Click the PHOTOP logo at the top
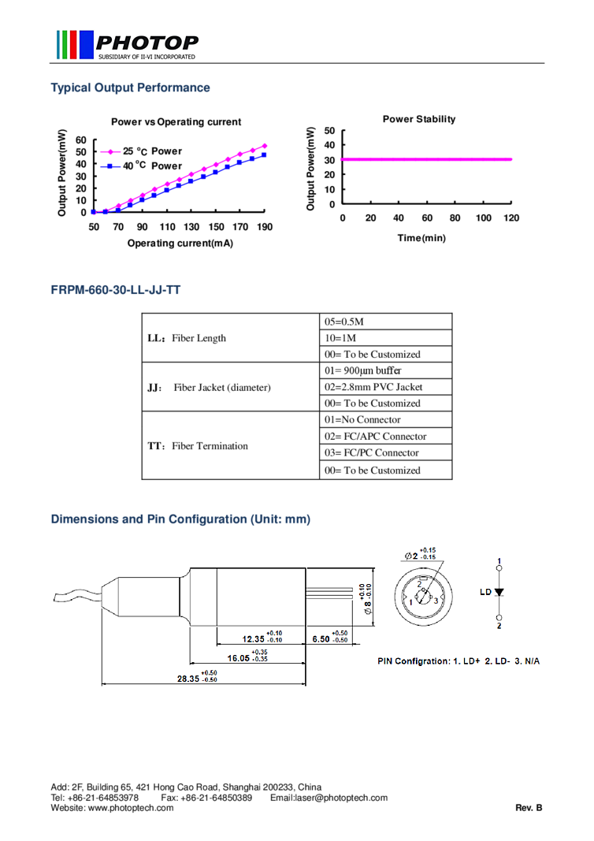tap(128, 44)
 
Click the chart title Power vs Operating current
tap(176, 121)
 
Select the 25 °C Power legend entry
tap(142, 151)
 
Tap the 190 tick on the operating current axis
tap(265, 227)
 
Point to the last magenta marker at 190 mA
tap(264, 146)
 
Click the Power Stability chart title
tap(419, 119)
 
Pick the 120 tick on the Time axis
tap(511, 218)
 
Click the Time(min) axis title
tap(421, 237)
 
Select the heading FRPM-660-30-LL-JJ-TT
tap(116, 290)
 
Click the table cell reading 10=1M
tap(385, 338)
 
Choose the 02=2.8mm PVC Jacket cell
tap(385, 387)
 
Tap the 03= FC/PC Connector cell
tap(385, 452)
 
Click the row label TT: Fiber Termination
tap(198, 445)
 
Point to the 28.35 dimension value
tap(188, 679)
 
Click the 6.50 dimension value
tap(321, 638)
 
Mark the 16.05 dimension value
tap(238, 658)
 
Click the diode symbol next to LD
tap(499, 592)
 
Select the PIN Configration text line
tap(458, 661)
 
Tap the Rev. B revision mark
tap(529, 807)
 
